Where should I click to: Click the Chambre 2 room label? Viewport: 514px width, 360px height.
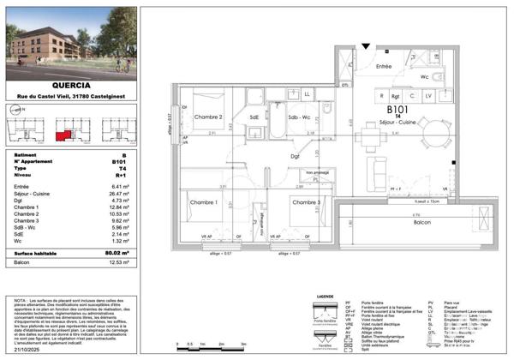coord(209,117)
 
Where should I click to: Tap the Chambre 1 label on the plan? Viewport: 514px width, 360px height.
coord(204,202)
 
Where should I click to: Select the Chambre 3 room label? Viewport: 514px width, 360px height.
coord(306,202)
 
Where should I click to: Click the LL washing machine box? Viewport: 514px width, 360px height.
coord(306,93)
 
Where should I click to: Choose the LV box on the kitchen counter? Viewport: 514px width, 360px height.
coord(427,96)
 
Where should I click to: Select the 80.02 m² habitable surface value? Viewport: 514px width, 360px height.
coord(127,253)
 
